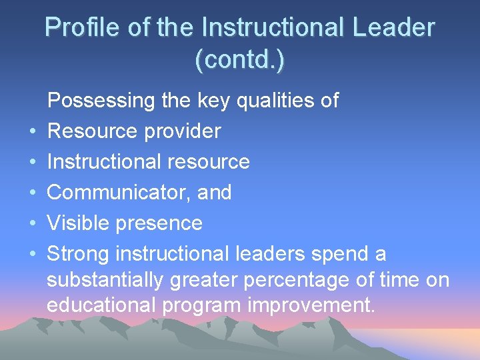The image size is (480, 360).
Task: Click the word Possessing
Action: click(x=101, y=101)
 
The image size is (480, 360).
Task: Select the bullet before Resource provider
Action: click(x=31, y=132)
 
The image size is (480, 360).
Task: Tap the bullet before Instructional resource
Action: click(x=31, y=163)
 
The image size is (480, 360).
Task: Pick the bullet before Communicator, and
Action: click(x=31, y=193)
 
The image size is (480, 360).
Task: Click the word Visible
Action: click(x=77, y=223)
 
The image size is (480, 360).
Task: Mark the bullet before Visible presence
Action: click(x=31, y=224)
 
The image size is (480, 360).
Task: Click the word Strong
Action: click(x=78, y=254)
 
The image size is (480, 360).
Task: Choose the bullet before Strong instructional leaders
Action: click(x=31, y=255)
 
